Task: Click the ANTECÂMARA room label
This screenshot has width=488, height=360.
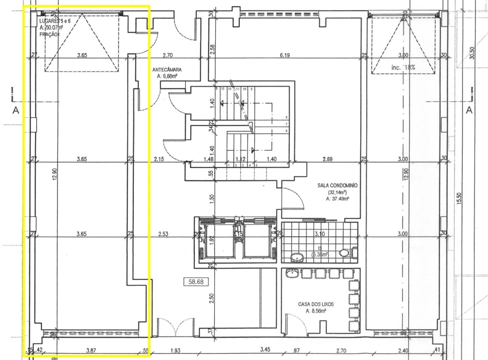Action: [167, 69]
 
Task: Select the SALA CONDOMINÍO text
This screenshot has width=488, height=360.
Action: [338, 185]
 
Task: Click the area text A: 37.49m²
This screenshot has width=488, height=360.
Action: [338, 198]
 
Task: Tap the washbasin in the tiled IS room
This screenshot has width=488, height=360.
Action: [296, 257]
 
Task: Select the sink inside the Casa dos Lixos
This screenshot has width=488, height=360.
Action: [292, 273]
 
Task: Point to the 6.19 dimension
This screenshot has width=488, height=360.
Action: [285, 55]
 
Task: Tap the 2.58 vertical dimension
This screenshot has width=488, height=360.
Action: [212, 49]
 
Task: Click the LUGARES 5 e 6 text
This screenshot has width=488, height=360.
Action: [58, 21]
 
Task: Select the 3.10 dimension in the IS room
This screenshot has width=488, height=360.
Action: [320, 233]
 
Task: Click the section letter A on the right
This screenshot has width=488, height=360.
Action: [469, 110]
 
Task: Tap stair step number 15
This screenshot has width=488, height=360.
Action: [222, 88]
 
